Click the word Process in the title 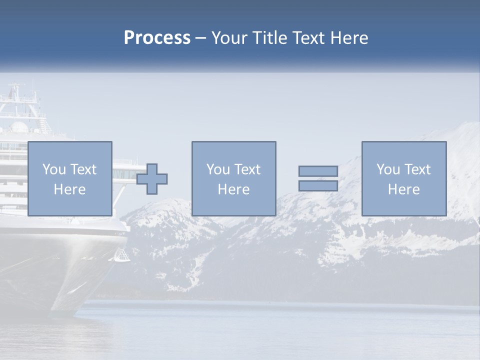coord(157,38)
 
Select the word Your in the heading coord(230,38)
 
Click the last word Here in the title coord(349,38)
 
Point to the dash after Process coord(201,38)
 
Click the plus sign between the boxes coord(152,179)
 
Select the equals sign coord(318,178)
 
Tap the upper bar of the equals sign coord(318,171)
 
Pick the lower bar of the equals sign coord(318,186)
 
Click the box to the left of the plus coord(70,178)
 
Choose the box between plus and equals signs coord(233,178)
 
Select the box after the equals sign coord(404,178)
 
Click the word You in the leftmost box coord(54,169)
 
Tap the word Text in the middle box coord(247,169)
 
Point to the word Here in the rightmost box coord(404,189)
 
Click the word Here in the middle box coord(233,189)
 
